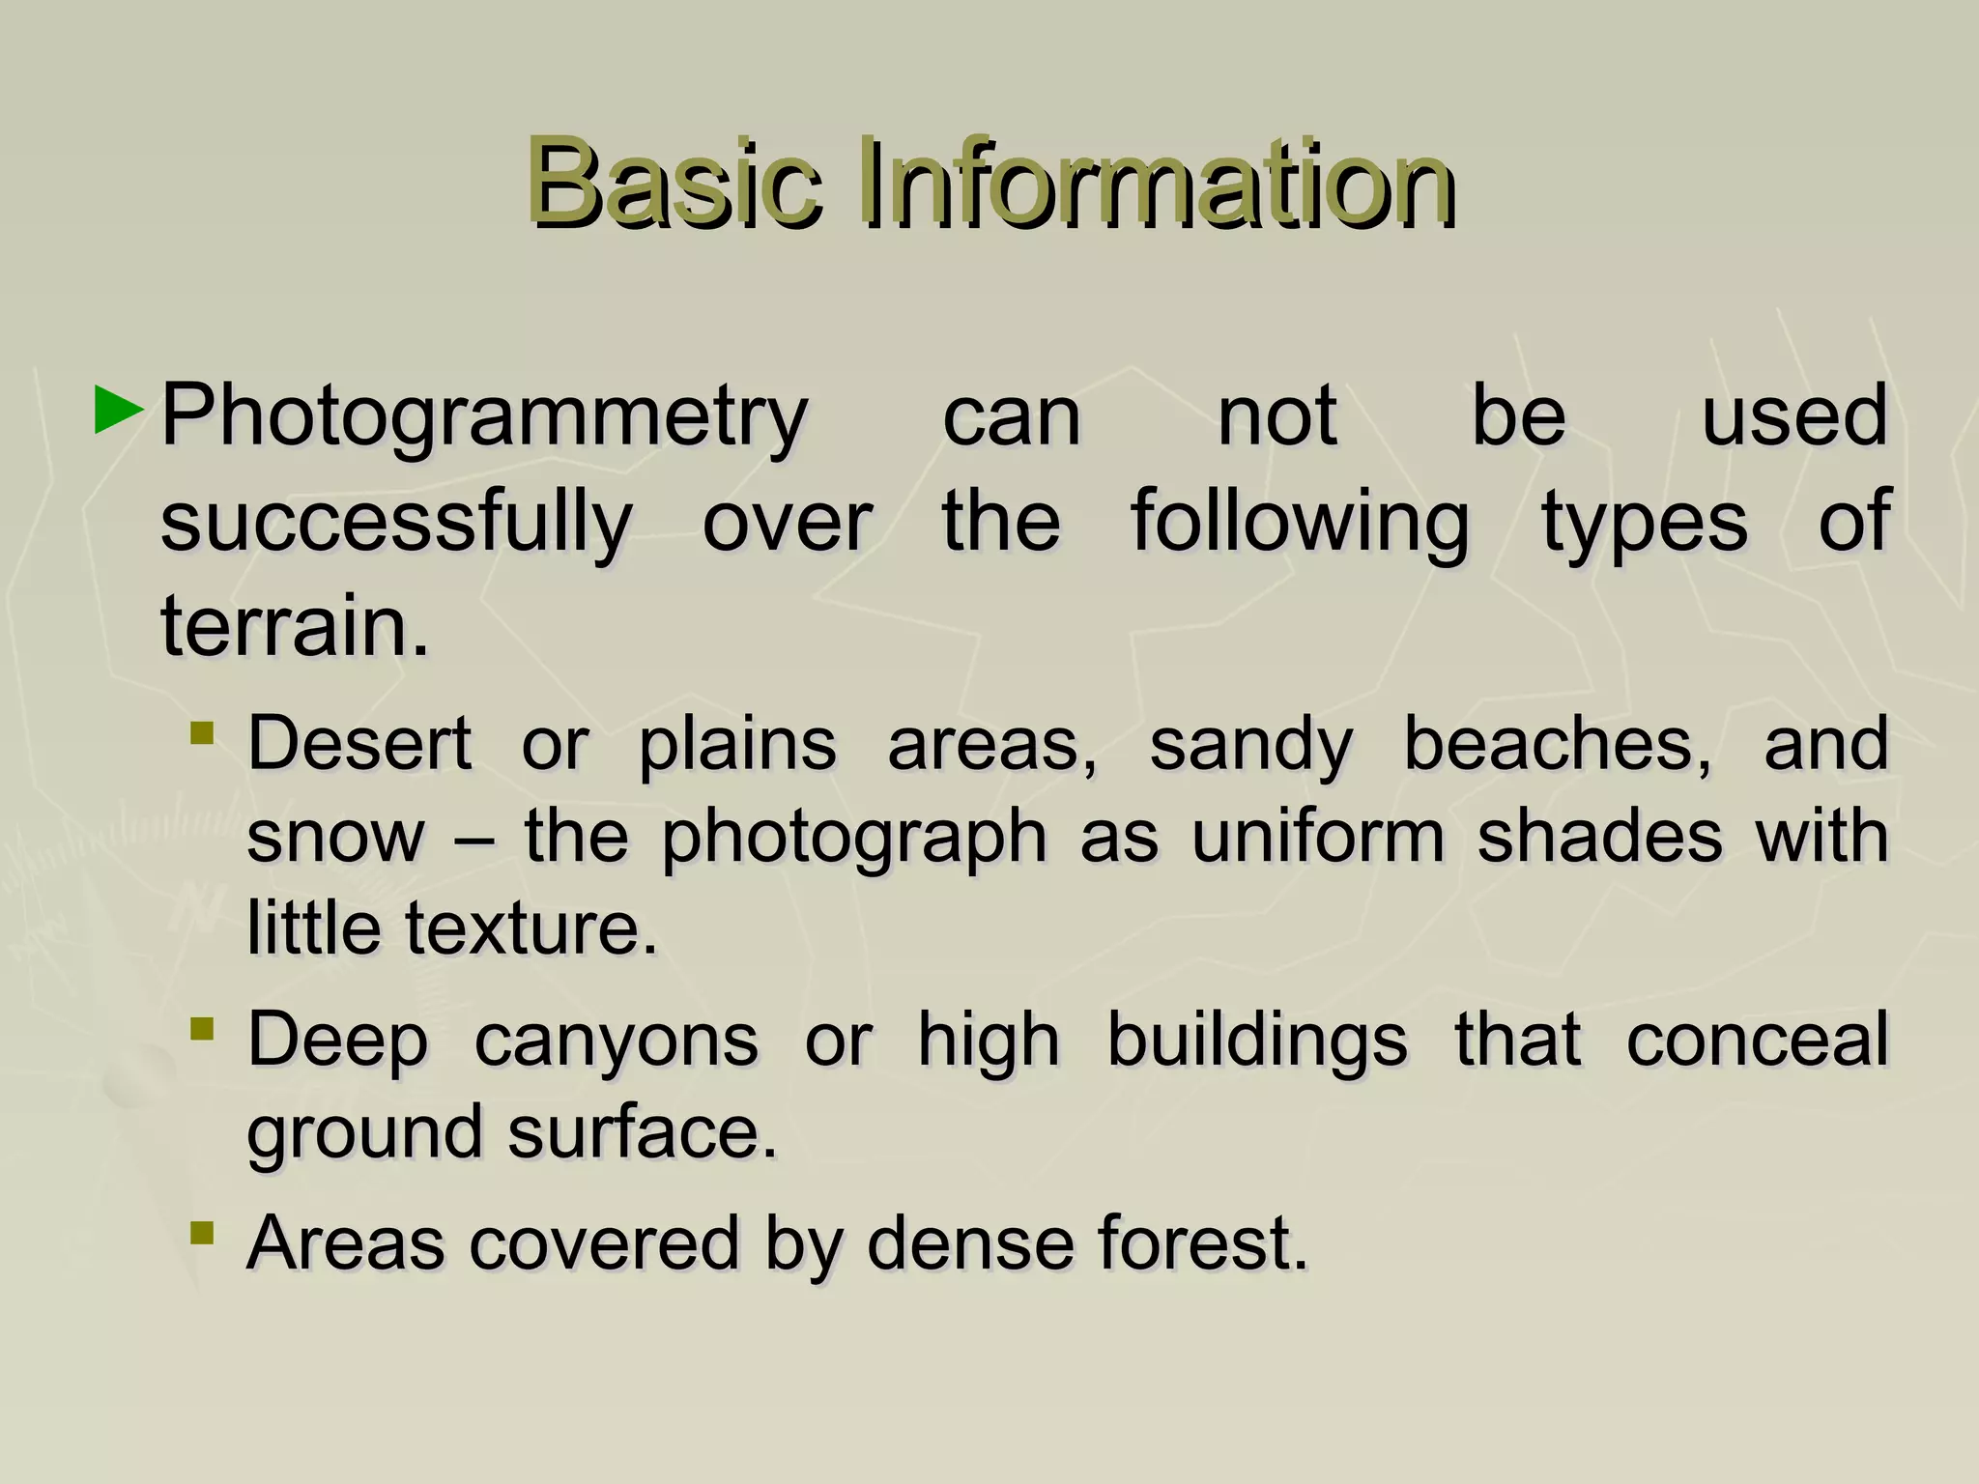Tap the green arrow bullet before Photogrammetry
119,411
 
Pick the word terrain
294,626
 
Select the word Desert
359,744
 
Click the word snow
335,837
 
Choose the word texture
531,928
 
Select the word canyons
617,1042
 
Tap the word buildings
1257,1040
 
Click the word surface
643,1132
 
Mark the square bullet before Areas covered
202,1232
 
